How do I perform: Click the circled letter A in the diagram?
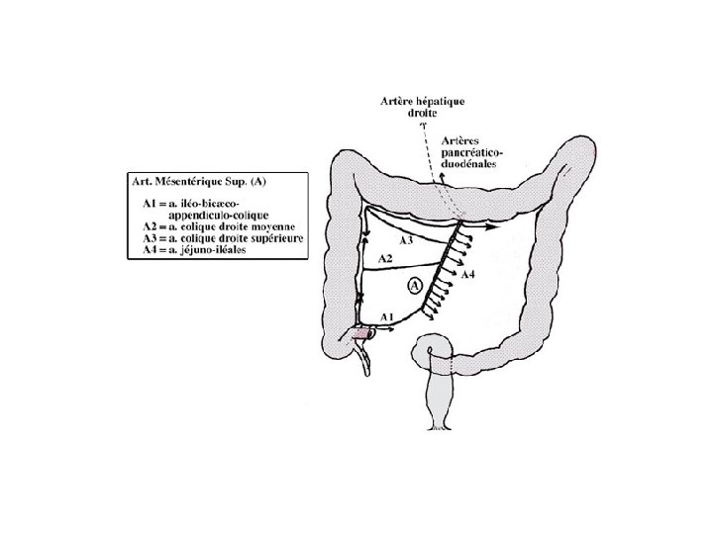pyautogui.click(x=415, y=284)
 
